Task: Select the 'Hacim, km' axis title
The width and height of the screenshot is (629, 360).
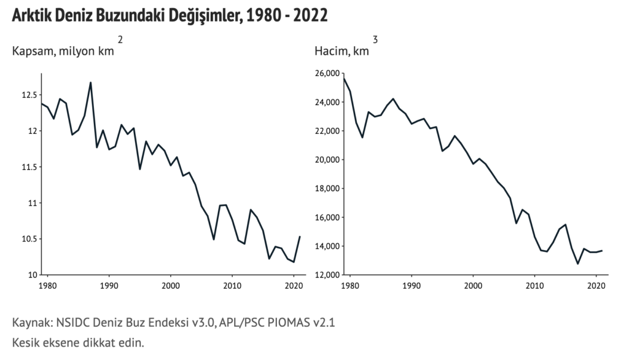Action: click(x=342, y=51)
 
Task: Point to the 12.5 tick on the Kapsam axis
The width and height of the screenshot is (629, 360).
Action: click(x=28, y=95)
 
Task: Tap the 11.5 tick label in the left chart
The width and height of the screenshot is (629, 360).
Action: click(x=28, y=167)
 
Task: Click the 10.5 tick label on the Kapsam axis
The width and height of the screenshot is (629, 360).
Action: click(x=28, y=239)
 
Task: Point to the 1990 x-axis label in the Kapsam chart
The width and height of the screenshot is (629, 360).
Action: click(x=109, y=286)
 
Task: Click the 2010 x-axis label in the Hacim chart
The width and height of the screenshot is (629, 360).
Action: click(x=534, y=286)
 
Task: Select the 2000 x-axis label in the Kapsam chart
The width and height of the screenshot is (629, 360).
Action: click(x=170, y=286)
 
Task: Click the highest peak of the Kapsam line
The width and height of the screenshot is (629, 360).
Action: click(x=90, y=82)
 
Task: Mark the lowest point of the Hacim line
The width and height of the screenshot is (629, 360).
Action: click(x=577, y=264)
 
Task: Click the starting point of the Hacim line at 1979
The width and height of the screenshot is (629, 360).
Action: click(x=344, y=79)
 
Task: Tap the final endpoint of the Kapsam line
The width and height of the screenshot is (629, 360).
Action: click(x=299, y=237)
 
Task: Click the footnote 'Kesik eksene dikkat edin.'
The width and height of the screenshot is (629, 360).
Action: click(x=78, y=342)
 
